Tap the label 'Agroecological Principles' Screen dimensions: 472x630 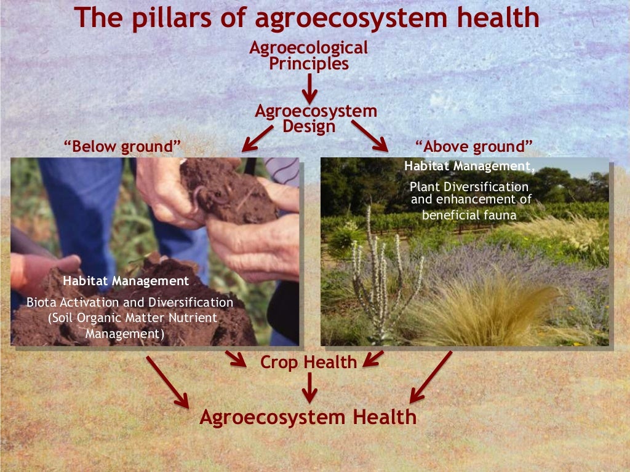tap(309, 55)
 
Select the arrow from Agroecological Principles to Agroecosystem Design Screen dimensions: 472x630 tap(309, 89)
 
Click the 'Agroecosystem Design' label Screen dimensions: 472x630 tap(316, 119)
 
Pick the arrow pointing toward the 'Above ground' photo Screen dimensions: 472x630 tap(370, 136)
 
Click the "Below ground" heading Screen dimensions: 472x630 tap(123, 147)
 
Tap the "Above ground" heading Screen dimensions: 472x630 tap(474, 147)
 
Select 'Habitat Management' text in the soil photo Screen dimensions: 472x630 tap(126, 281)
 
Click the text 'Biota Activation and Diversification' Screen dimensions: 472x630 tap(130, 302)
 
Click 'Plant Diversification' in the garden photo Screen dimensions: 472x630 tap(469, 186)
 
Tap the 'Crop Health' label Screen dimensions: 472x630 tap(308, 362)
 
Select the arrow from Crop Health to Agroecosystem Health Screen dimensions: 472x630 tap(309, 388)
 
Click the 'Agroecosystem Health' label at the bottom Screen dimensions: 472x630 tap(308, 417)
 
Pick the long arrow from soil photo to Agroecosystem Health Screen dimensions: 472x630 tap(168, 380)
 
